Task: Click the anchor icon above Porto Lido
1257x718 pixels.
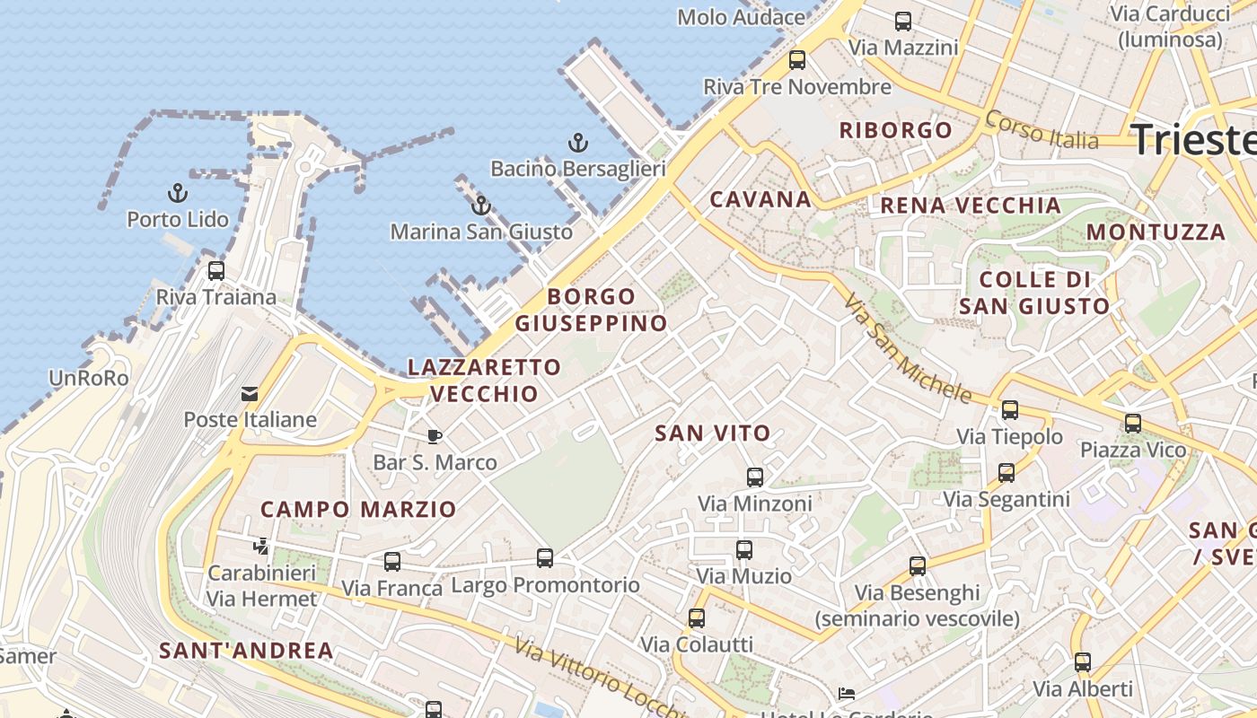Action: (x=178, y=193)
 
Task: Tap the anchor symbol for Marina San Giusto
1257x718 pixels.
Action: (x=481, y=206)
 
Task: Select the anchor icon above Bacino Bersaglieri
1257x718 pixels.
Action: (x=578, y=143)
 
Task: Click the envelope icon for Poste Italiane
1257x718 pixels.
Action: (x=249, y=393)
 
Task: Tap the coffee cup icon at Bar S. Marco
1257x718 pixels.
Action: (x=435, y=437)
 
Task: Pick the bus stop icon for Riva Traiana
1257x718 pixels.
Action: (x=216, y=270)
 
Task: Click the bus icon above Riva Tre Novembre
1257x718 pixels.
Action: (x=797, y=60)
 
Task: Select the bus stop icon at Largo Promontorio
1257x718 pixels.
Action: (x=545, y=558)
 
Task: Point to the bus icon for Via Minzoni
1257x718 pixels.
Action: (x=755, y=477)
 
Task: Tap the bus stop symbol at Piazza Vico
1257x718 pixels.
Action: (x=1133, y=423)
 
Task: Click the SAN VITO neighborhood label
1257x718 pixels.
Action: (x=713, y=433)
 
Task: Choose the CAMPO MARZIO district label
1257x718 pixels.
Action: (x=358, y=510)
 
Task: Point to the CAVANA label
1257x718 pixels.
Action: (x=760, y=199)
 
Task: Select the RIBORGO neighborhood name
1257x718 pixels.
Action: (x=895, y=130)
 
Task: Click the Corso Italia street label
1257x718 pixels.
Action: (x=1042, y=130)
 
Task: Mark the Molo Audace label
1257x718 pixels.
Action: (x=741, y=17)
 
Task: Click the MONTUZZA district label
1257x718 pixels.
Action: (x=1156, y=232)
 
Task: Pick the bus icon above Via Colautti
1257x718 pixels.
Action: (x=697, y=618)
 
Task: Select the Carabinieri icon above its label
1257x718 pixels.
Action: (x=261, y=546)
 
